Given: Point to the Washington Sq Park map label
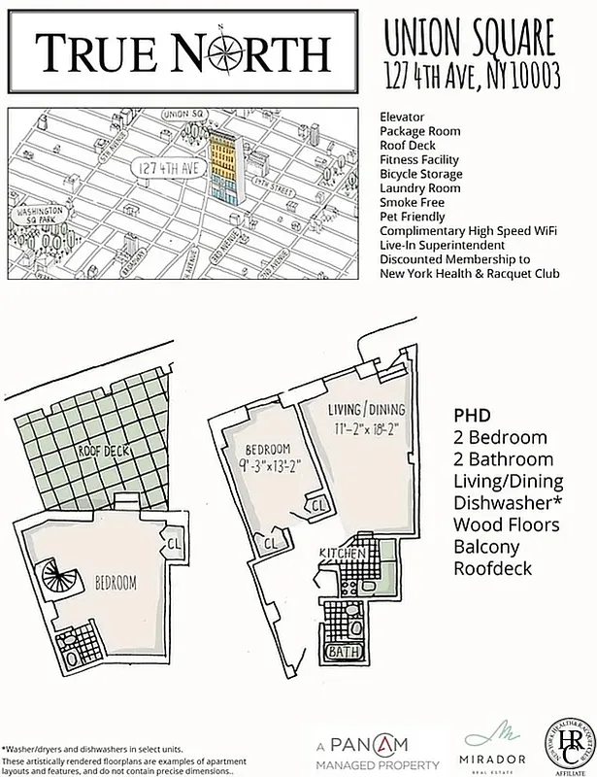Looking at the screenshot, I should [38, 215].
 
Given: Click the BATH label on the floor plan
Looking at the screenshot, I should [340, 652].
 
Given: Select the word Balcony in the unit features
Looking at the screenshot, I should [484, 547].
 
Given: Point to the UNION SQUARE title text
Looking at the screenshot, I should [470, 40].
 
